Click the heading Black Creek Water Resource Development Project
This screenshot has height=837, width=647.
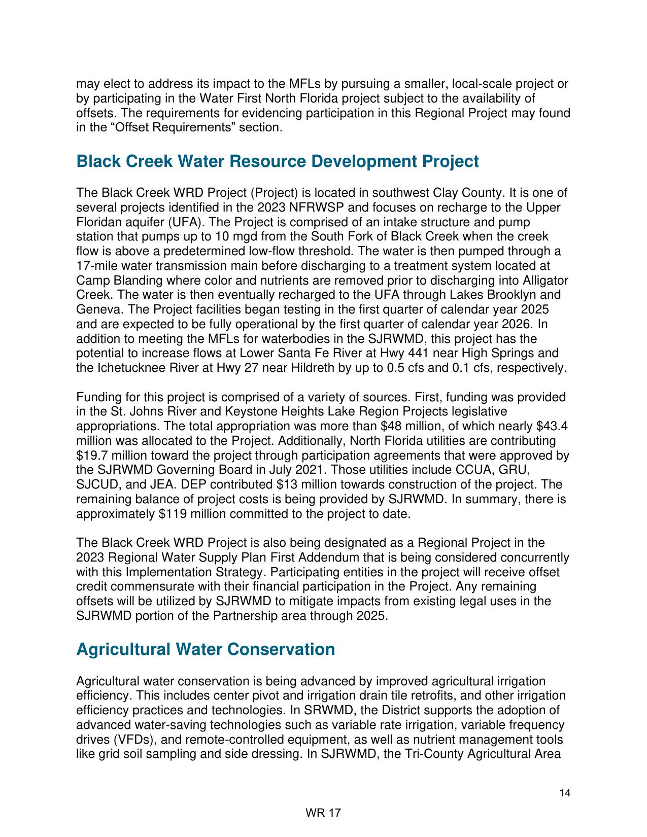pyautogui.click(x=277, y=162)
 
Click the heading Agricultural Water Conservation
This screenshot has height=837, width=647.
pyautogui.click(x=205, y=650)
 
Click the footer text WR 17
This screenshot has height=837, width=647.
pyautogui.click(x=323, y=813)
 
